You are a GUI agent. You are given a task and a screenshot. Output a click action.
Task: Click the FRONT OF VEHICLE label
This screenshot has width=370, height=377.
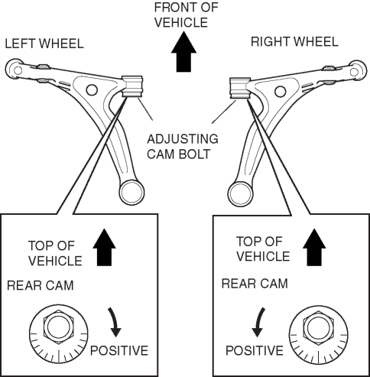coord(187,15)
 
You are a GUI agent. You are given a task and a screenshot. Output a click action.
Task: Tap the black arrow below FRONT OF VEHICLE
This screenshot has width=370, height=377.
coord(183,52)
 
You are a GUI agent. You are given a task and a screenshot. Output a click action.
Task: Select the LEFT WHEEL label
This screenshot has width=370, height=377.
coord(44,44)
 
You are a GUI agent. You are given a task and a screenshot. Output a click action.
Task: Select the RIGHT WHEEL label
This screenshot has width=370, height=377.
coord(294,42)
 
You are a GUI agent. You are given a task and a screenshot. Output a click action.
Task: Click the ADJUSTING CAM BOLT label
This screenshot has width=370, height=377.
coord(183,147)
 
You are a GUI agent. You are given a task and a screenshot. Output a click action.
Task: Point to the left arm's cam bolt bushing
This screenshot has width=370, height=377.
coord(132,86)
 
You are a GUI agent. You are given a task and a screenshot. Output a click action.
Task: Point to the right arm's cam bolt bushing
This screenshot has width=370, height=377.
coord(239,88)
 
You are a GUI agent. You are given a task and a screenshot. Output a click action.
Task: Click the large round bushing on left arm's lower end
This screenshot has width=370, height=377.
coord(131,192)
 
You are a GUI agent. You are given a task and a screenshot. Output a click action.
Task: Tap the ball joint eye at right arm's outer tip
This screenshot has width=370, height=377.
coord(355,71)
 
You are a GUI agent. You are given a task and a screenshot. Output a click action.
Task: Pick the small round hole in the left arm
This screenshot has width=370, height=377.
coord(92,89)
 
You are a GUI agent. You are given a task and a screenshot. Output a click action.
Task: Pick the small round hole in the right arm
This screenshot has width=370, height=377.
coord(281,91)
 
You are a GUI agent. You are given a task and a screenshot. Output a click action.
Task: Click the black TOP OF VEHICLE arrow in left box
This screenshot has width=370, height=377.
coord(104,248)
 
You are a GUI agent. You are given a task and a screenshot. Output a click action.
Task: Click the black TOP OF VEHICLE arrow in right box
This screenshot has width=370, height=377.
coord(314,248)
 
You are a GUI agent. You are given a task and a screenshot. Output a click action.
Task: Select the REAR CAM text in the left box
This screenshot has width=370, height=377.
coord(41,285)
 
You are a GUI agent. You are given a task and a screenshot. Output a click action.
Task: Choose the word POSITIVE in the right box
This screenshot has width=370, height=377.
coord(255,350)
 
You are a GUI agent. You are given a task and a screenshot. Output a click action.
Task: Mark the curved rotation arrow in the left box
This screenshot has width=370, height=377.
coord(115,322)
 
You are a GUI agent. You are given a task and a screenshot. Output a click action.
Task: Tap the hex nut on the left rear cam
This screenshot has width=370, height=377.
coord(59,327)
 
